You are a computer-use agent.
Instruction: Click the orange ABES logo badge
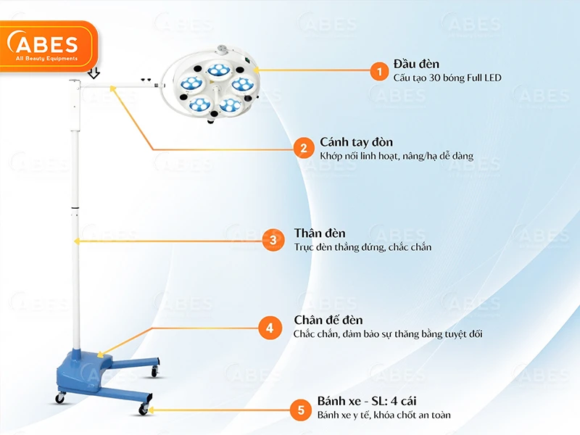(48, 46)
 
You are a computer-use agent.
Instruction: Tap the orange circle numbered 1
(379, 70)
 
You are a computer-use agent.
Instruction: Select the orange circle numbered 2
(304, 149)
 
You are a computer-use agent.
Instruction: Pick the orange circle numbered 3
(273, 240)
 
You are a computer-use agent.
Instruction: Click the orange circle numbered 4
(270, 328)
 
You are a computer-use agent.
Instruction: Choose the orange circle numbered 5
(301, 410)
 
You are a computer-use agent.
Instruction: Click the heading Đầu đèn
(416, 64)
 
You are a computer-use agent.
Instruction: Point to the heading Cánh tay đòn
(356, 142)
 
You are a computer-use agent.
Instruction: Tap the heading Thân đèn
(320, 233)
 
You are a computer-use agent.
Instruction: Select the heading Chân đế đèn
(328, 320)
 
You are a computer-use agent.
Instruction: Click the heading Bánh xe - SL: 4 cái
(367, 401)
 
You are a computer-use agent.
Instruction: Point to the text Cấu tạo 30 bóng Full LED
(447, 78)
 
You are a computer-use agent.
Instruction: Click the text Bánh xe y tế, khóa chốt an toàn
(384, 415)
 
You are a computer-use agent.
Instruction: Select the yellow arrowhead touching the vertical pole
(77, 241)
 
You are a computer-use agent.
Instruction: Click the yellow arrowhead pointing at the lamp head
(255, 70)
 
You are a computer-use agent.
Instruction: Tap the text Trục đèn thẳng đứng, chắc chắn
(362, 247)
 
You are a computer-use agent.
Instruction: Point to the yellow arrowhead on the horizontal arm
(113, 88)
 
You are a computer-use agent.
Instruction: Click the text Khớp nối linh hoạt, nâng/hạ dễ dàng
(397, 156)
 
